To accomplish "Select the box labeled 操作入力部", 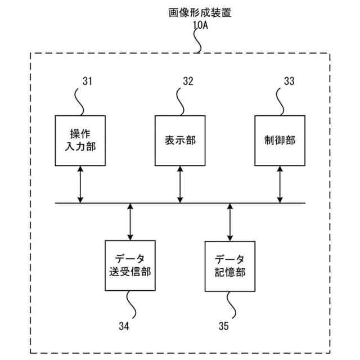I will click(80, 141).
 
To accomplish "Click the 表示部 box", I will click(180, 141).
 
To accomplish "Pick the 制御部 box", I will click(280, 141).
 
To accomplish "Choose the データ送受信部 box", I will click(130, 265).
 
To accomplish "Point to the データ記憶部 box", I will click(230, 265).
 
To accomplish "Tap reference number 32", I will click(188, 81).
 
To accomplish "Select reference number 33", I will click(289, 81).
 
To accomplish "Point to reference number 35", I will click(223, 326).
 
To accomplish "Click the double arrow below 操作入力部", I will click(80, 184).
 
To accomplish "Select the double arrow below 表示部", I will click(180, 184).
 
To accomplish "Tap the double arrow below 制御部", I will click(280, 184).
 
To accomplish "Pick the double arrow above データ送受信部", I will click(130, 222).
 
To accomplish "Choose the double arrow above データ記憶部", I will click(230, 222).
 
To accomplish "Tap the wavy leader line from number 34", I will click(133, 304).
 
